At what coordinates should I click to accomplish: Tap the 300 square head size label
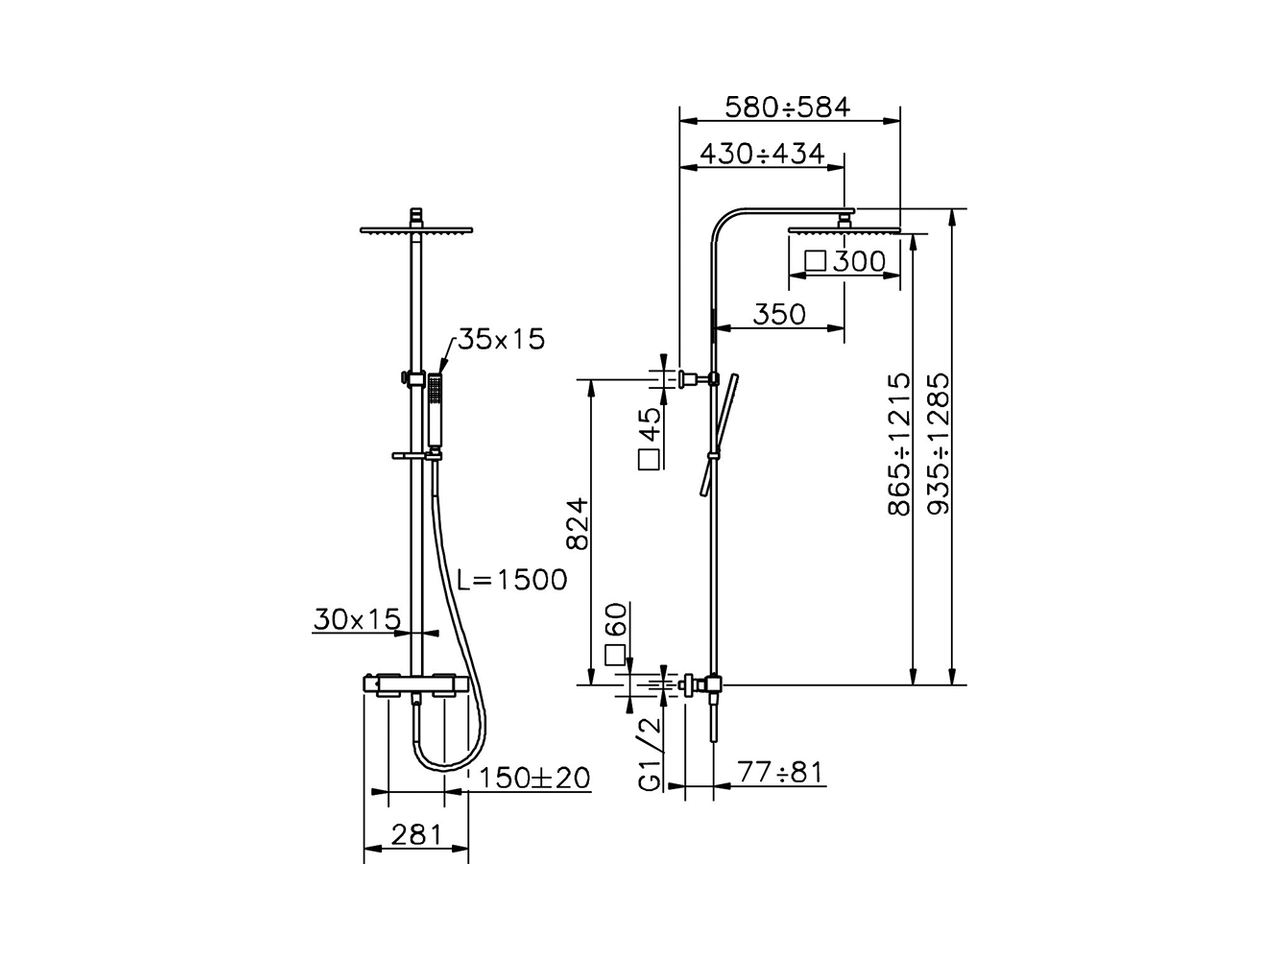pos(846,262)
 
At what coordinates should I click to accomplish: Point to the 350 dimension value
pos(779,314)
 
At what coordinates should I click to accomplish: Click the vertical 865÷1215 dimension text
pos(900,445)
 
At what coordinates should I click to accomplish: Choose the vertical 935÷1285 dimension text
pos(939,445)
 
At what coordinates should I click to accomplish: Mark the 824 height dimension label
pos(578,524)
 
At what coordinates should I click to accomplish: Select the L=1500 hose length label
pos(512,579)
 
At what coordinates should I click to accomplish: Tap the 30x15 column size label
pos(357,620)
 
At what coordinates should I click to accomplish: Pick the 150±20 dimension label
pos(534,777)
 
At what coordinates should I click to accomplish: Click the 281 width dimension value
pos(415,836)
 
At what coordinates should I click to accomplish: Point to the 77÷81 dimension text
pos(781,772)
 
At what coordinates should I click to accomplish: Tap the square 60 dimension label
pos(617,635)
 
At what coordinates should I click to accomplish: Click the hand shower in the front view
pos(435,411)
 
